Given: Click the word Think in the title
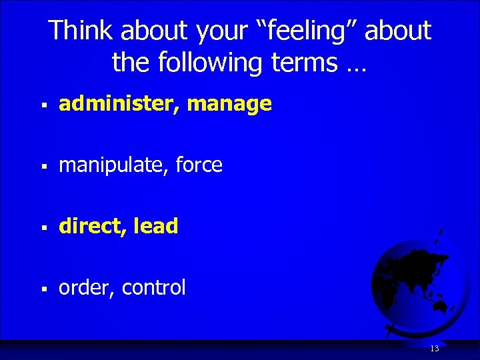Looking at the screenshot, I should [x=77, y=31].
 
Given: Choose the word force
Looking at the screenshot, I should [x=199, y=165].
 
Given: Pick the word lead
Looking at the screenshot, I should [x=156, y=226].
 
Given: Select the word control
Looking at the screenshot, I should [x=154, y=287].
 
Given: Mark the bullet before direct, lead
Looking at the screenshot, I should [x=43, y=228].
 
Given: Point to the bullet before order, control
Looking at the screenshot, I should [x=43, y=289].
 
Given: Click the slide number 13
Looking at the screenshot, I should [x=435, y=349].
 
